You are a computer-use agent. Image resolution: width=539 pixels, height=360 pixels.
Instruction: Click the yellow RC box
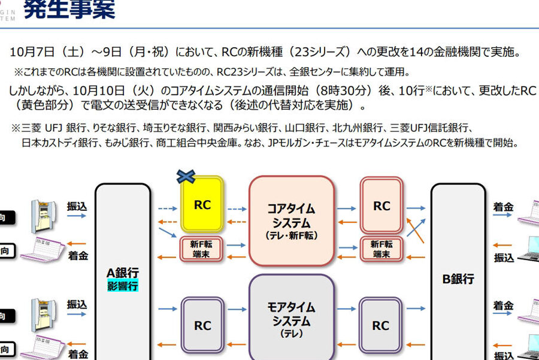point(202,205)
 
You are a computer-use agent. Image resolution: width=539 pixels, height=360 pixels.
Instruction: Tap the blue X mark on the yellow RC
point(186,176)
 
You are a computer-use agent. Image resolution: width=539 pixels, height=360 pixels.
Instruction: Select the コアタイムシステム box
point(291,220)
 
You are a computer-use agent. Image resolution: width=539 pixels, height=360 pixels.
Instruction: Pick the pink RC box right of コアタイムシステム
point(381,206)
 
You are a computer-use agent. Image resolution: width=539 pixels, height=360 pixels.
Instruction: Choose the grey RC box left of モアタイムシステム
point(202,326)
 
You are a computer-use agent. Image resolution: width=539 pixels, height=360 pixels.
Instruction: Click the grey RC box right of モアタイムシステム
point(380,326)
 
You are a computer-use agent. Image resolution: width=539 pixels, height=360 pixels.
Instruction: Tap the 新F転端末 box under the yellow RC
point(202,249)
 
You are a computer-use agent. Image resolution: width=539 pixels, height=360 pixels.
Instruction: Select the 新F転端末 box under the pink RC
point(381,249)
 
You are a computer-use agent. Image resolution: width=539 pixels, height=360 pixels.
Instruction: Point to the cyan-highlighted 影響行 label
point(123,286)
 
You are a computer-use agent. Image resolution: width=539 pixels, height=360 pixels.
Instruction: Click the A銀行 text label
point(123,273)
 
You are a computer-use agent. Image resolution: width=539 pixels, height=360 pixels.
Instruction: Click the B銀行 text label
point(458,279)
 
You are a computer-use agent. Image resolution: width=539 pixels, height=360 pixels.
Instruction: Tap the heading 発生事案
point(69,10)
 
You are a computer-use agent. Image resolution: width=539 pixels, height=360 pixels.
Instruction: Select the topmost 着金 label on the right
point(503,207)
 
